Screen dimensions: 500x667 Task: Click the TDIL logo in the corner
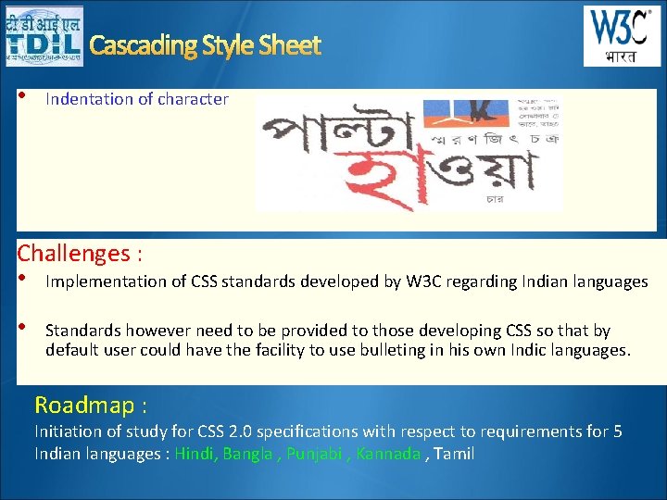coord(43,36)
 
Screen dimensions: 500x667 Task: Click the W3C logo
coord(622,36)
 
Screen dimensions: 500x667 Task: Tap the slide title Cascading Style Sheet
coord(205,45)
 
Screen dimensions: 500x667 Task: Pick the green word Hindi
coord(193,454)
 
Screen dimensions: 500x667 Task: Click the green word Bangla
coord(246,454)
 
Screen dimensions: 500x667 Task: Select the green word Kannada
coord(388,454)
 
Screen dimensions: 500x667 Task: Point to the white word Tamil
coord(454,454)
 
